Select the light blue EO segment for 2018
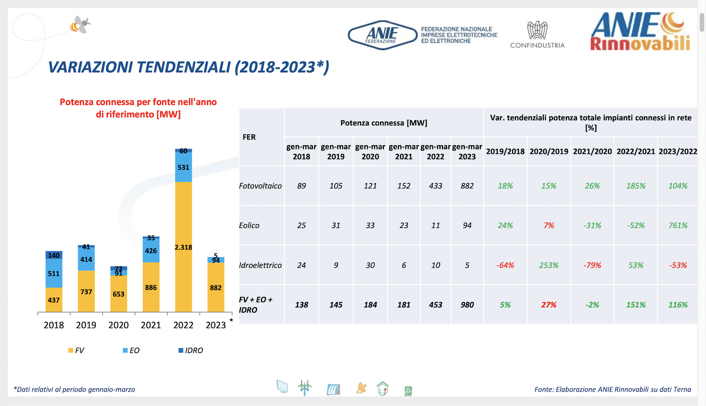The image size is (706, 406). pos(54,273)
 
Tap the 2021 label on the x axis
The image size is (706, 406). pos(151,325)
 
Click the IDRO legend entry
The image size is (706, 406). pos(191,351)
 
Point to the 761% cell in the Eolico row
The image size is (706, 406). pos(678,225)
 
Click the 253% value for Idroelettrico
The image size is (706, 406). pos(549,265)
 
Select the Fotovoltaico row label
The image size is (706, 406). pos(260,186)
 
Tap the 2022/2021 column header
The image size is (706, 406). pos(635,151)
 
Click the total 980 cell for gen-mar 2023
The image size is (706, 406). pos(467,305)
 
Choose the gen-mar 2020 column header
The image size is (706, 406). pos(370,151)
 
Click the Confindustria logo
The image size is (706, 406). pos(537,35)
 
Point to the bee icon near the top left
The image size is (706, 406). pos(81,25)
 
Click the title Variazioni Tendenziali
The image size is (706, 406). pos(188,67)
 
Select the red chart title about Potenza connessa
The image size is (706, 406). pos(138,108)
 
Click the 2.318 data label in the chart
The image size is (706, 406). pos(183,247)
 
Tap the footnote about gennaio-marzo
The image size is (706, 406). pos(74,389)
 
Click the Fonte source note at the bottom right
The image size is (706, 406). pos(613,389)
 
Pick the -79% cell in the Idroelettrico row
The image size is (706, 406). pos(592,265)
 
